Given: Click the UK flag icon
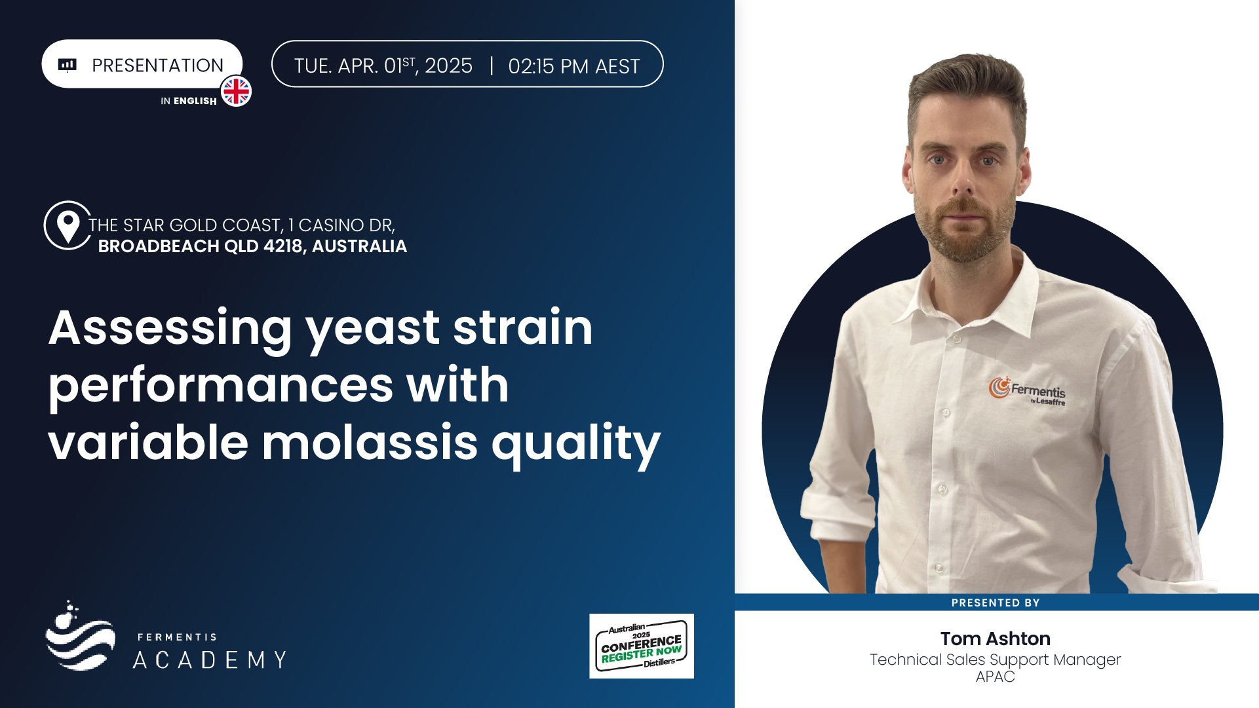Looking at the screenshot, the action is click(x=236, y=91).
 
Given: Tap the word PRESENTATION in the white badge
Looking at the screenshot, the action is click(x=157, y=65).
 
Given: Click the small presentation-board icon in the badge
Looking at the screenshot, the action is click(x=68, y=65).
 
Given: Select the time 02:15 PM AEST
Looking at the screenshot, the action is click(x=573, y=66).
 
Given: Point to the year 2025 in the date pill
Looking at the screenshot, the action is click(x=448, y=65).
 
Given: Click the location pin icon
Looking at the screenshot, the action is click(x=68, y=226).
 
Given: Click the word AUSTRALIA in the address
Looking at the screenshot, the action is click(x=359, y=246).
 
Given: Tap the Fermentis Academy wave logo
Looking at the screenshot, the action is click(x=80, y=635).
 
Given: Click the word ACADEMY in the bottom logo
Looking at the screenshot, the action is click(x=210, y=660).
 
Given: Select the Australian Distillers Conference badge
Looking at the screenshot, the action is click(x=642, y=646).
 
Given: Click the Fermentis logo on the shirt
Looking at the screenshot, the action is click(x=1027, y=391).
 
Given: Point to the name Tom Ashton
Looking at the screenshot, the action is click(x=995, y=639).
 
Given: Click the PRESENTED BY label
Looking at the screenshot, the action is click(x=996, y=603).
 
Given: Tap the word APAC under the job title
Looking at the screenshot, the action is click(x=995, y=677).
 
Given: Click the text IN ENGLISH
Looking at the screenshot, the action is click(x=189, y=101).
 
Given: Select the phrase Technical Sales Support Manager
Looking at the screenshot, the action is click(x=995, y=660).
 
